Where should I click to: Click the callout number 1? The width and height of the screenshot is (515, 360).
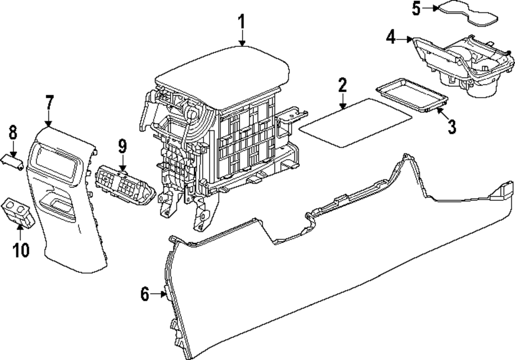(x=242, y=23)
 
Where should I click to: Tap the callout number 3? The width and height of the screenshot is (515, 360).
(x=452, y=126)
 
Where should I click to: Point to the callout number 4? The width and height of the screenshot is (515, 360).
(x=392, y=37)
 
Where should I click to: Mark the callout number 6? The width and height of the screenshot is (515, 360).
(x=146, y=295)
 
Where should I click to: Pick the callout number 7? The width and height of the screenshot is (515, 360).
(x=49, y=102)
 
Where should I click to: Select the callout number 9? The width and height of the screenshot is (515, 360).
(x=122, y=146)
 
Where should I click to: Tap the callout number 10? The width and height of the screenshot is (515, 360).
(x=21, y=250)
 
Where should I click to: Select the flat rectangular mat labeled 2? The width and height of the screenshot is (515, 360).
(x=355, y=122)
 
